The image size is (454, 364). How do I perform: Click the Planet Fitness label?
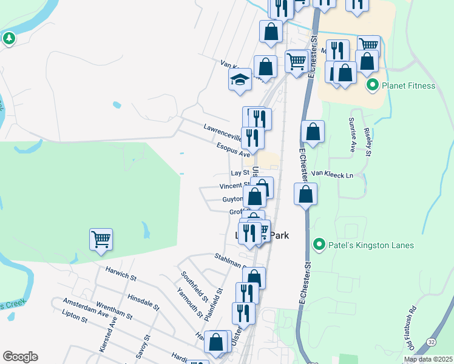point(408,86)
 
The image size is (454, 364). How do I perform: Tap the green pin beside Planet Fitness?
point(373,86)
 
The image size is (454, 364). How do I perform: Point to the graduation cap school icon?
point(240,79)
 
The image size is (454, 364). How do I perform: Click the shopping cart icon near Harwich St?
point(101,238)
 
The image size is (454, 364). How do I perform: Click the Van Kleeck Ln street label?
point(332,174)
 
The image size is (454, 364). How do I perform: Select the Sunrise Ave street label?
point(351,134)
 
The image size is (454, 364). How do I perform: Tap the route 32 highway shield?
point(430,342)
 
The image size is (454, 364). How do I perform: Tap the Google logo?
point(20,357)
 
